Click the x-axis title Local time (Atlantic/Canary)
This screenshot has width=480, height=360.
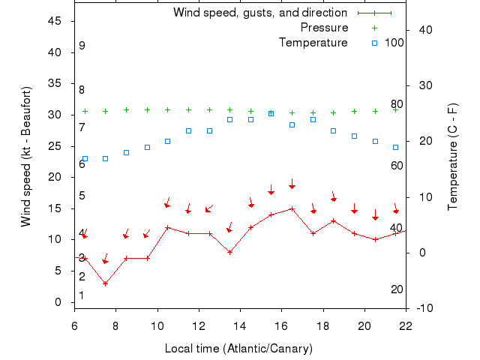[x=238, y=349]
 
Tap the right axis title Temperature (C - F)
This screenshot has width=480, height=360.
[x=452, y=156]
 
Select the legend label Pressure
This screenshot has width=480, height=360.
[x=324, y=28]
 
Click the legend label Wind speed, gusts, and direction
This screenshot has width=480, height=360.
[x=259, y=13]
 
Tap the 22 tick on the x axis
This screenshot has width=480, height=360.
[x=406, y=325]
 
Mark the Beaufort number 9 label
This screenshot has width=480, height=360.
[x=82, y=46]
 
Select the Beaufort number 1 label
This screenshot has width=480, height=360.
[x=82, y=295]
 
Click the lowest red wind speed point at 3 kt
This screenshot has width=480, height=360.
[x=106, y=283]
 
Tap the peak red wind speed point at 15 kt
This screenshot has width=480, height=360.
[x=292, y=208]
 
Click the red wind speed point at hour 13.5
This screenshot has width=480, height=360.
[x=230, y=252]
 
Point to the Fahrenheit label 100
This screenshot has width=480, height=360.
[x=394, y=43]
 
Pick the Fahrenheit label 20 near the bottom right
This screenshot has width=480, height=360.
[x=397, y=289]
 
